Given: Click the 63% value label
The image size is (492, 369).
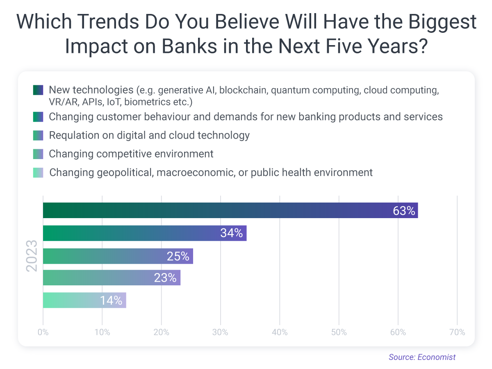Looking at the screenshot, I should [x=404, y=211].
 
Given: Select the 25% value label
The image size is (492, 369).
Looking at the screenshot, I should [x=178, y=257].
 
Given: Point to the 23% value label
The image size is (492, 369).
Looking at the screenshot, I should [x=165, y=278].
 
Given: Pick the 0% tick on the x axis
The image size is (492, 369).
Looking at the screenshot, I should [x=43, y=333].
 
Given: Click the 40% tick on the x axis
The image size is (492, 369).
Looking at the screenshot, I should [x=280, y=333].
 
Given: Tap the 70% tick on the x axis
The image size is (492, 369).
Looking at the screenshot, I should [x=457, y=333].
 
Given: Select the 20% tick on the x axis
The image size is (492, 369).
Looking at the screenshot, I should [x=161, y=333].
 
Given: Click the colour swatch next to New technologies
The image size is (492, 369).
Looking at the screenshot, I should [x=38, y=90].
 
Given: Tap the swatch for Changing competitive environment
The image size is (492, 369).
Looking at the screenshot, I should [x=38, y=154].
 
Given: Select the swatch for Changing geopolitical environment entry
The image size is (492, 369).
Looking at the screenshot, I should [x=38, y=173].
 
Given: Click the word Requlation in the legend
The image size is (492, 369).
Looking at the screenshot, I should [x=72, y=135].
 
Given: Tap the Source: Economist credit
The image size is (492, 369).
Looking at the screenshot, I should [x=422, y=357].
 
